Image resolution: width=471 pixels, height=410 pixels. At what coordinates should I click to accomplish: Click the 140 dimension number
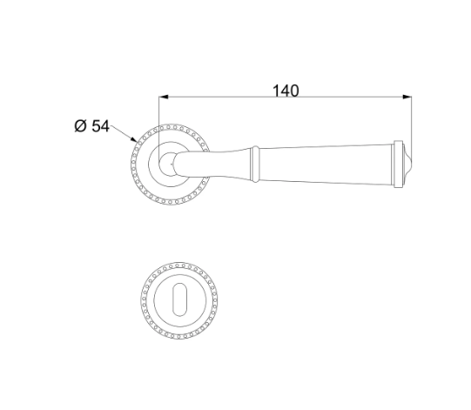click(x=286, y=91)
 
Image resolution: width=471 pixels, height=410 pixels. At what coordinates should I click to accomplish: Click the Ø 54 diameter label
click(x=92, y=126)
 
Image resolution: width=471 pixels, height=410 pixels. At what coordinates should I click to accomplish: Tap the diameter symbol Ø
click(x=80, y=126)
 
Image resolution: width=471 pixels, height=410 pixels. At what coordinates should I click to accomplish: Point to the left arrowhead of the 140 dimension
click(x=164, y=97)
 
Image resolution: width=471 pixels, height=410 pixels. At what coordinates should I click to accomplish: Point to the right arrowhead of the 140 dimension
click(x=407, y=97)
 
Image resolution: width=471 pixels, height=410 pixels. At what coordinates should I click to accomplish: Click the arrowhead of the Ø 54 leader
click(x=134, y=139)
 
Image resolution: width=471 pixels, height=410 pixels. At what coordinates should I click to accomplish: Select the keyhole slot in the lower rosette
click(x=179, y=299)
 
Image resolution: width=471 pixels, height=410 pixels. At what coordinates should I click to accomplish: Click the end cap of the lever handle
click(x=398, y=165)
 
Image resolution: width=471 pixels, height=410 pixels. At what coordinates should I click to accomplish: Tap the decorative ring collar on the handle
click(x=255, y=164)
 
